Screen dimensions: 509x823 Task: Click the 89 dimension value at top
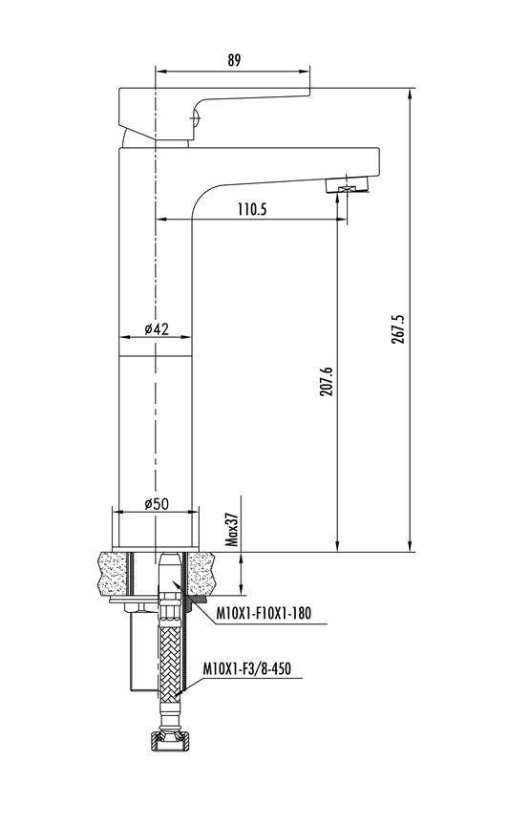click(x=234, y=60)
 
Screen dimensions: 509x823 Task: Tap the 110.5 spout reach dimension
click(x=252, y=209)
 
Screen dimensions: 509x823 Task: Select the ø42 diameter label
click(x=157, y=329)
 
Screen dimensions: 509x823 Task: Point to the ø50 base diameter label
click(x=157, y=504)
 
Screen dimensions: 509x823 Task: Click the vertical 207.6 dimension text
click(x=327, y=382)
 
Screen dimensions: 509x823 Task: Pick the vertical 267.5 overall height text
click(x=398, y=329)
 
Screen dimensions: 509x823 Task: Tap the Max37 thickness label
click(x=232, y=530)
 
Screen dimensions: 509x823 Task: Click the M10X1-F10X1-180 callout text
click(x=264, y=613)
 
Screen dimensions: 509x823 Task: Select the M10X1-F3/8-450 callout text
click(x=246, y=668)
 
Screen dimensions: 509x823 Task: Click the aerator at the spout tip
click(x=348, y=185)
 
